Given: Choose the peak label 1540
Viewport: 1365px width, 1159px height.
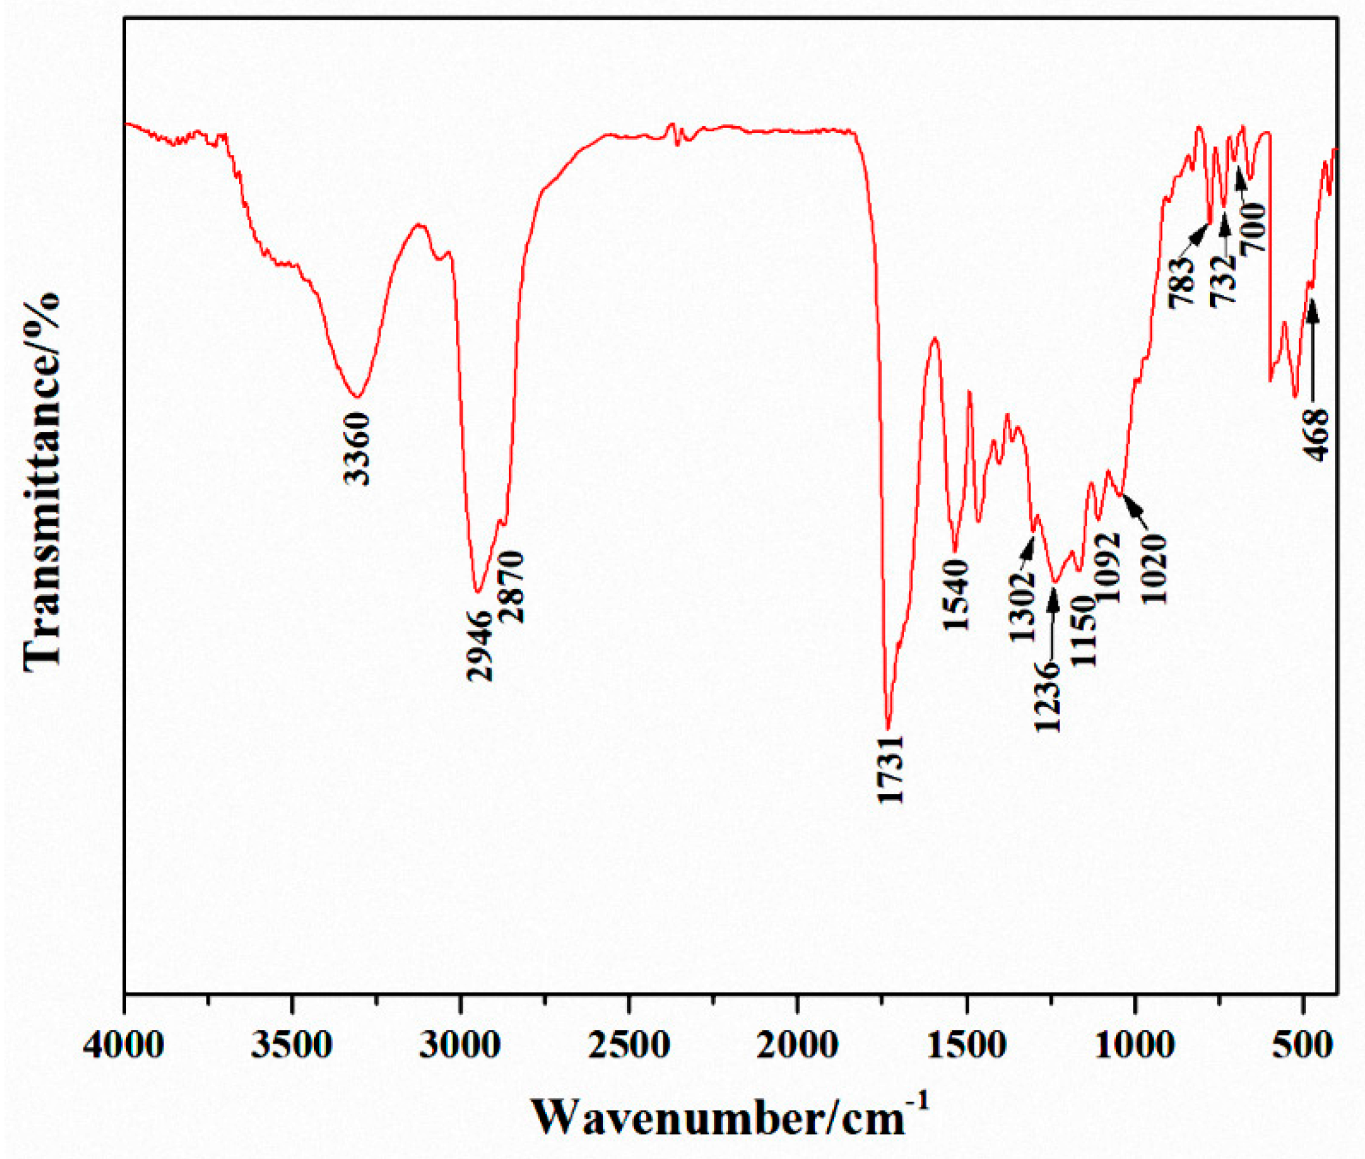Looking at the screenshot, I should point(956,595).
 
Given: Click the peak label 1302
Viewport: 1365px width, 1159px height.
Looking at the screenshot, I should point(1023,606).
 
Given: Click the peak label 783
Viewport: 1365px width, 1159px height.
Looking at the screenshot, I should point(1180,281).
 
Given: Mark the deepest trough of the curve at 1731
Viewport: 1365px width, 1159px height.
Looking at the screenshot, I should point(888,728).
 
